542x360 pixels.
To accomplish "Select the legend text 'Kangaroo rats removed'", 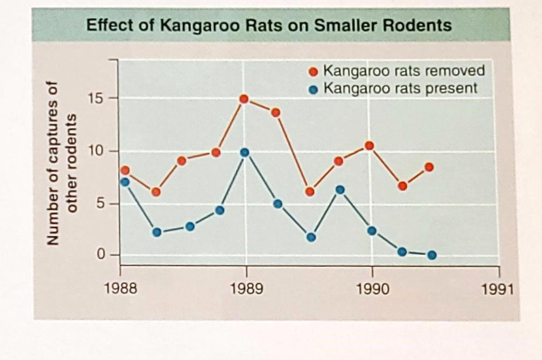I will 404,71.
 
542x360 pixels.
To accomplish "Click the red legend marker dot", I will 314,72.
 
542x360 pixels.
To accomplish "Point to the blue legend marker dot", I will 314,88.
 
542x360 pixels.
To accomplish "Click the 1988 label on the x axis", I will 120,289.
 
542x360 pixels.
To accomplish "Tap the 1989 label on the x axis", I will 246,289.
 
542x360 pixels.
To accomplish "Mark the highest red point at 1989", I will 244,99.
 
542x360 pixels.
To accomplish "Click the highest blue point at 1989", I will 244,152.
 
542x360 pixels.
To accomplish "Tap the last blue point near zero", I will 432,255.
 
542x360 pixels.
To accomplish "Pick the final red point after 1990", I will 429,167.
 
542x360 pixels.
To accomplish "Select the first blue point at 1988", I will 125,182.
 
